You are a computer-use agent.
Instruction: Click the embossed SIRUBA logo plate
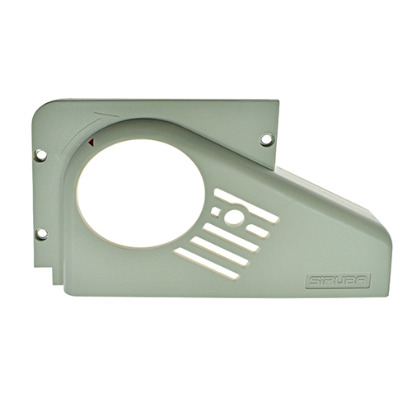pos(337,280)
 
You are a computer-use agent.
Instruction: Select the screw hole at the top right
pos(266,139)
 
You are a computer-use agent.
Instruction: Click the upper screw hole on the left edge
pos(40,154)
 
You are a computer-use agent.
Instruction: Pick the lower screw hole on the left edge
pos(41,234)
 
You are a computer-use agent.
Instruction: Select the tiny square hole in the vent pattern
pos(216,212)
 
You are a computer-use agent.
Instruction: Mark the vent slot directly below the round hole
pos(233,242)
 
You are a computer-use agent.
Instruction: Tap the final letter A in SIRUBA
pos(363,280)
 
